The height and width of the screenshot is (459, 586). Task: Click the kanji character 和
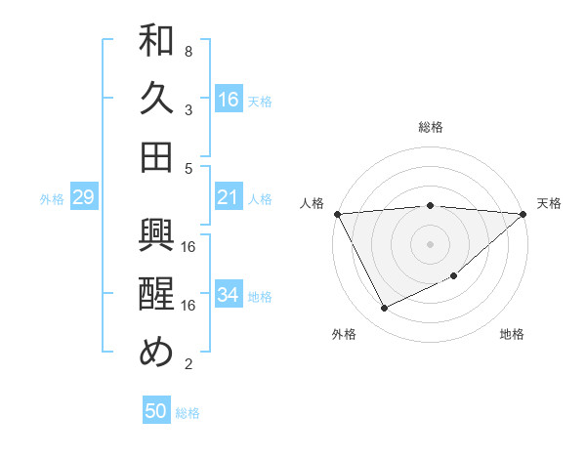(156, 42)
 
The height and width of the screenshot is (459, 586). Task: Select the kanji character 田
(156, 156)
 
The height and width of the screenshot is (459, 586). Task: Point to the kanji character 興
(156, 237)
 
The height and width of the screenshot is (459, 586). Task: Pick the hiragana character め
(156, 352)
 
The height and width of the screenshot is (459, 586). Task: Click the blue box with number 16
(229, 100)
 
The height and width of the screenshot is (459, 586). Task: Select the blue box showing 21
(229, 198)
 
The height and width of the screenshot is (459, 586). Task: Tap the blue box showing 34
(229, 295)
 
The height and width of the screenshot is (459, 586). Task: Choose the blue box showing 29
(83, 198)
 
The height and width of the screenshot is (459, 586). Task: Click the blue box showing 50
(156, 411)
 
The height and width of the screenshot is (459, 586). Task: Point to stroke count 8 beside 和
(188, 51)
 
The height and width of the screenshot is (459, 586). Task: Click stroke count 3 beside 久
(188, 108)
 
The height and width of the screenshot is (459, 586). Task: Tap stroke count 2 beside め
(188, 364)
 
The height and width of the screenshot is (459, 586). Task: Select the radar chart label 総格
(431, 127)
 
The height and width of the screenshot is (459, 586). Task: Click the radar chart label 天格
(550, 203)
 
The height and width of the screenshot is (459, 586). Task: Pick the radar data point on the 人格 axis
(337, 213)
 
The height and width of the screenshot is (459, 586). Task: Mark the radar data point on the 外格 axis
(384, 309)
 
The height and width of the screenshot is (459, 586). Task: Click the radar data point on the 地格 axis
(454, 276)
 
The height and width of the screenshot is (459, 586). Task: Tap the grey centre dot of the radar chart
(431, 243)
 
